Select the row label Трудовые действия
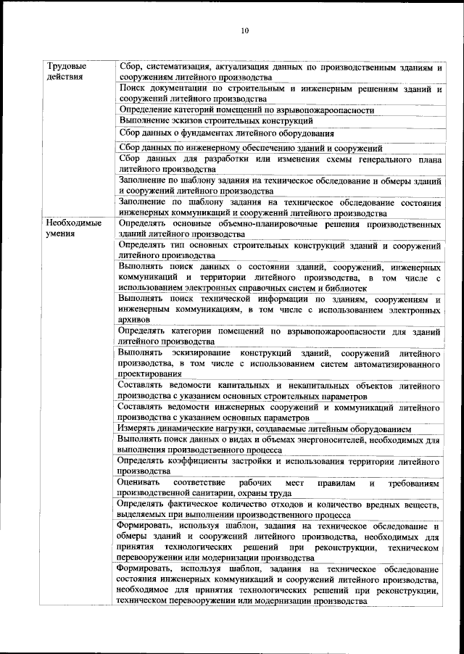point(63,71)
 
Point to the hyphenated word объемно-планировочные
point(251,224)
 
